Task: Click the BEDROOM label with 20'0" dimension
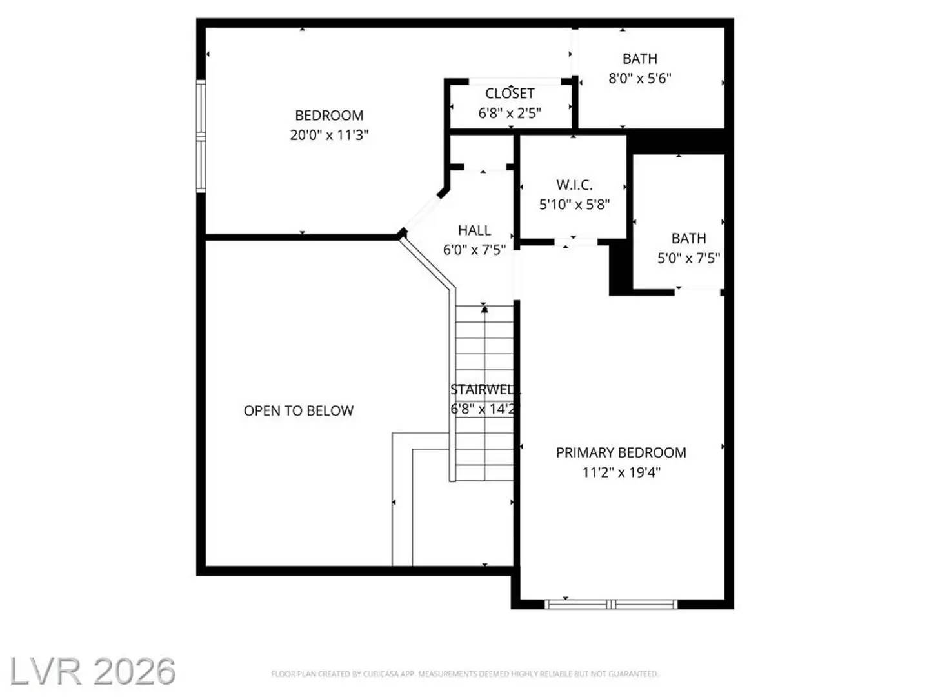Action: click(x=329, y=116)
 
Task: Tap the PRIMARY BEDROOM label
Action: click(x=621, y=452)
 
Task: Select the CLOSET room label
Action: click(x=510, y=94)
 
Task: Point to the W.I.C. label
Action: click(x=574, y=185)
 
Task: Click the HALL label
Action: click(x=474, y=230)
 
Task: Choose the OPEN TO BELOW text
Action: click(x=299, y=411)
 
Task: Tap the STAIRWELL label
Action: click(x=484, y=390)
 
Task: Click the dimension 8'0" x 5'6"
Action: click(x=640, y=78)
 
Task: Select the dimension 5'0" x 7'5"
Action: click(x=688, y=258)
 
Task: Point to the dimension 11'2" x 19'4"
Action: click(x=621, y=472)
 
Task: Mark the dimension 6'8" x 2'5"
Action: click(x=510, y=113)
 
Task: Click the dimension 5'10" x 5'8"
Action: click(x=574, y=205)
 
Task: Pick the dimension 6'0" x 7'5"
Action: click(x=474, y=250)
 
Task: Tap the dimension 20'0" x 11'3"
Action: click(x=329, y=135)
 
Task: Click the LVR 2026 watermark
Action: click(x=92, y=672)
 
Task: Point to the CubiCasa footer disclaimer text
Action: click(x=464, y=674)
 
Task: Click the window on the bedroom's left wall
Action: click(x=201, y=136)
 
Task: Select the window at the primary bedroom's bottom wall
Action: click(x=611, y=605)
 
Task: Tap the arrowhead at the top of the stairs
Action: click(x=484, y=309)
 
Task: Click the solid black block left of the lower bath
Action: click(x=619, y=267)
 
